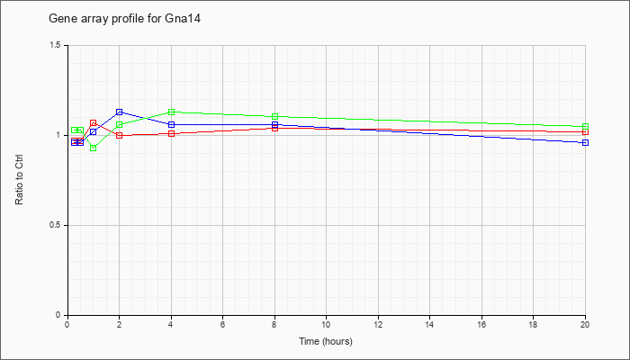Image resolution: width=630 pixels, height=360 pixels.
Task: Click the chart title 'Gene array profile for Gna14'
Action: [124, 19]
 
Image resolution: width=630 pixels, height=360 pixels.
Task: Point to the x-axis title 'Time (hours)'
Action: [326, 341]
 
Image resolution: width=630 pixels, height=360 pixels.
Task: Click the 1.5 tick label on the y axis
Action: [56, 45]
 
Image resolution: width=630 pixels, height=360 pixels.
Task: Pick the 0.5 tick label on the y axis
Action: [56, 225]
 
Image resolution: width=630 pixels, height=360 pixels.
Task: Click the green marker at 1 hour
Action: [94, 148]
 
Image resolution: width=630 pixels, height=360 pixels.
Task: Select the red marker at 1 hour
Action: [94, 123]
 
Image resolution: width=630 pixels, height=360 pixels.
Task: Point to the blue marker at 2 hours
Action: [120, 112]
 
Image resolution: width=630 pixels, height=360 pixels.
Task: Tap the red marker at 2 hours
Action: [120, 135]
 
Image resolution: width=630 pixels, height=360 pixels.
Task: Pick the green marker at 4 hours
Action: [171, 112]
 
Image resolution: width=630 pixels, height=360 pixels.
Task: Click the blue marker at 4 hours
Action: [171, 124]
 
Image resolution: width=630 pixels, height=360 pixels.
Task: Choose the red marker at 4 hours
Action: [171, 133]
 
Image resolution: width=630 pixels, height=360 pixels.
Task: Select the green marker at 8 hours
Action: [274, 116]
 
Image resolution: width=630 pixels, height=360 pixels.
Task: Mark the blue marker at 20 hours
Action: [585, 142]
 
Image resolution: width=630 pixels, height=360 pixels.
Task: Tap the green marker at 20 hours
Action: [585, 127]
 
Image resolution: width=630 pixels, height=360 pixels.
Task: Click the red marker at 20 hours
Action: [585, 131]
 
